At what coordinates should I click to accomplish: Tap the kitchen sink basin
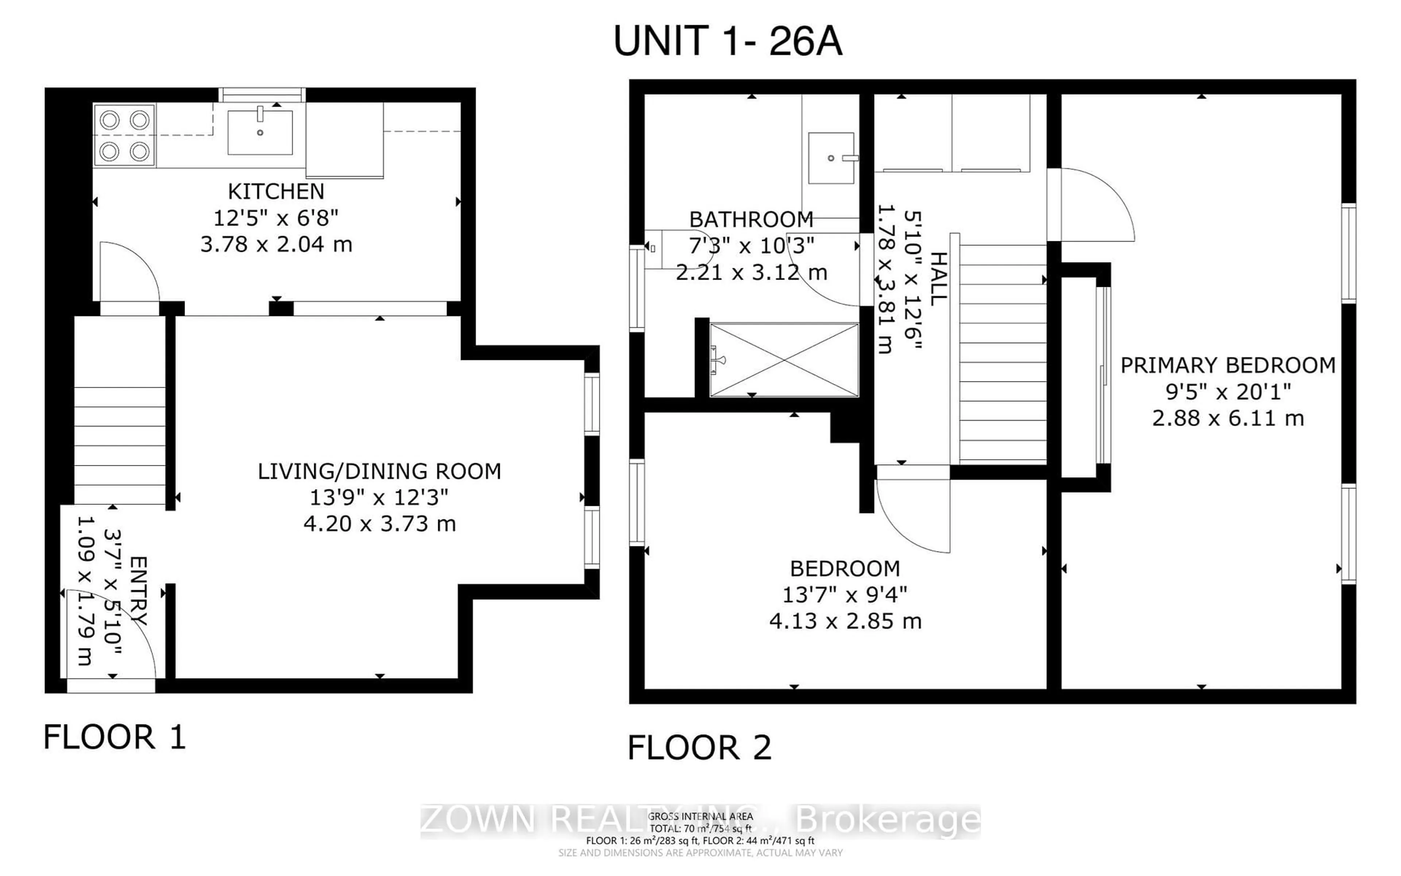pyautogui.click(x=260, y=133)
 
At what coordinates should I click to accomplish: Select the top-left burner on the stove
pyautogui.click(x=109, y=120)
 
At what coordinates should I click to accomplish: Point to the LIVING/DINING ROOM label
pyautogui.click(x=379, y=471)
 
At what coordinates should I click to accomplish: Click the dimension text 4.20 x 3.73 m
pyautogui.click(x=379, y=524)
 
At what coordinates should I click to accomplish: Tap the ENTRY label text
pyautogui.click(x=139, y=591)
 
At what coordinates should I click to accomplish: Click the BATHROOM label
pyautogui.click(x=751, y=220)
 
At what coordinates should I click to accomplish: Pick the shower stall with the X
pyautogui.click(x=784, y=360)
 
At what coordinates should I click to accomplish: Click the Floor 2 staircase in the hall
pyautogui.click(x=1003, y=353)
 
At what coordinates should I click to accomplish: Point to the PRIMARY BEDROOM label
pyautogui.click(x=1227, y=365)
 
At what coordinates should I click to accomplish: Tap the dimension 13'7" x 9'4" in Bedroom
pyautogui.click(x=844, y=595)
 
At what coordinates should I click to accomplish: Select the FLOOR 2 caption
pyautogui.click(x=699, y=748)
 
